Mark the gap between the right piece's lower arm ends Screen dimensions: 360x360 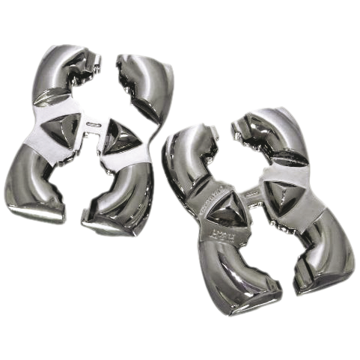tap(284, 288)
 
